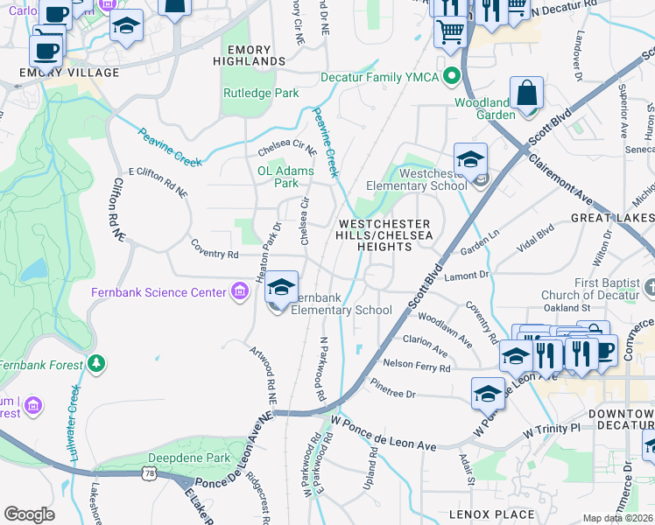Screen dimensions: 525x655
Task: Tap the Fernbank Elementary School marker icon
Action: point(281,287)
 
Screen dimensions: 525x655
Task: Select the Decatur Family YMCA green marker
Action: point(452,75)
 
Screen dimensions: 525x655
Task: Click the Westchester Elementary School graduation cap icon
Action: point(470,160)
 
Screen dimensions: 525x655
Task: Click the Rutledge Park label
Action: point(261,94)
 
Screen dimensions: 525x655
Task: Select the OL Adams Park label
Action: point(285,178)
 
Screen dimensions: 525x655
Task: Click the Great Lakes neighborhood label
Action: point(612,216)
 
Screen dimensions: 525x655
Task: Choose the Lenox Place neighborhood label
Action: point(491,514)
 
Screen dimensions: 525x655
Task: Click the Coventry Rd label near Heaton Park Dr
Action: point(215,255)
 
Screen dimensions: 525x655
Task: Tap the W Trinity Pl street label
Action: point(552,430)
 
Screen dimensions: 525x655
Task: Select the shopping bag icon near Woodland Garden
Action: point(527,94)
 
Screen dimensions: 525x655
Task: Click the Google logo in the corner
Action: point(29,514)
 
